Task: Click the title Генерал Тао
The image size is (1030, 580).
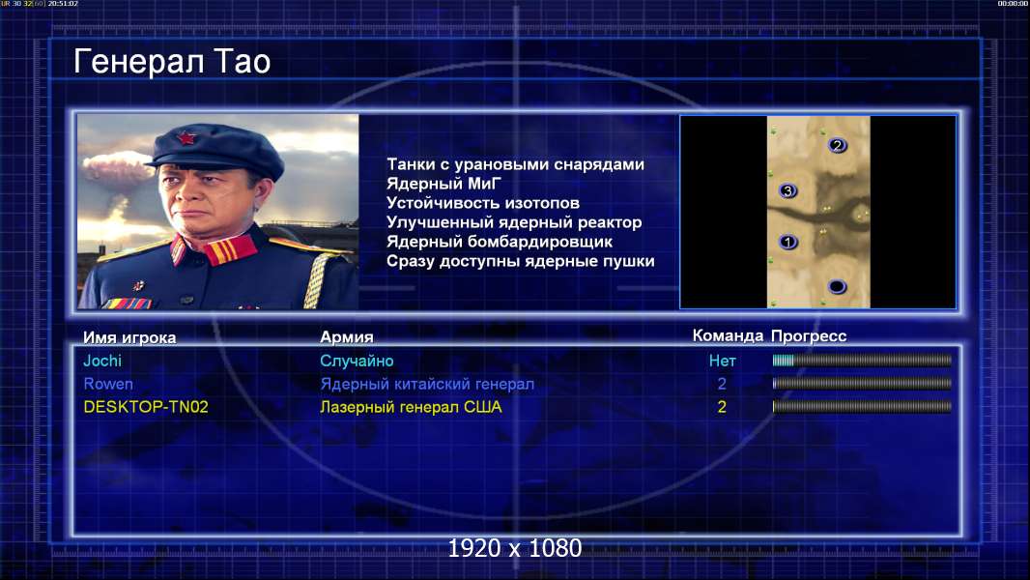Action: pyautogui.click(x=172, y=62)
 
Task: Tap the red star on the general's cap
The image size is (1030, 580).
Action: pyautogui.click(x=187, y=138)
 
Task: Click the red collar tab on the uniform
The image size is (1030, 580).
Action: pyautogui.click(x=230, y=249)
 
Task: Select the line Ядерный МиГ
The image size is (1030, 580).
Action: pyautogui.click(x=443, y=184)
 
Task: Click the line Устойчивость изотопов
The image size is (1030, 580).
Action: pyautogui.click(x=483, y=203)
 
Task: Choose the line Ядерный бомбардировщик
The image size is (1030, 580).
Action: pyautogui.click(x=500, y=242)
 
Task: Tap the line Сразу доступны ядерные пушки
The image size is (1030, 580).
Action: pyautogui.click(x=520, y=261)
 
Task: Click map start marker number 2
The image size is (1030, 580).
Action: pyautogui.click(x=837, y=145)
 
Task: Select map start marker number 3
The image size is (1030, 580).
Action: pyautogui.click(x=787, y=191)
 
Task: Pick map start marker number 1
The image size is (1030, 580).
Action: pyautogui.click(x=788, y=243)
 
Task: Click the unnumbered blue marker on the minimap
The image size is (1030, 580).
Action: pyautogui.click(x=837, y=286)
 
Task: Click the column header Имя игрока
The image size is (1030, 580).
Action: pyautogui.click(x=129, y=337)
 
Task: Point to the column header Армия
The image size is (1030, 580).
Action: pyautogui.click(x=347, y=337)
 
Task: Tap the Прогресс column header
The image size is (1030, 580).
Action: pyautogui.click(x=809, y=336)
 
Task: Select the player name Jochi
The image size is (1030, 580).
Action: pyautogui.click(x=102, y=361)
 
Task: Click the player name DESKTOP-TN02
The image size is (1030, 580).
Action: pyautogui.click(x=146, y=407)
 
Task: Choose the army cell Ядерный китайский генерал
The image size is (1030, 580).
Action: pyautogui.click(x=427, y=385)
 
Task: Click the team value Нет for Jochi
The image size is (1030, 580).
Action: pyautogui.click(x=722, y=361)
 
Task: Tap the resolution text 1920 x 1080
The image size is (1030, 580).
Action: pyautogui.click(x=515, y=548)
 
